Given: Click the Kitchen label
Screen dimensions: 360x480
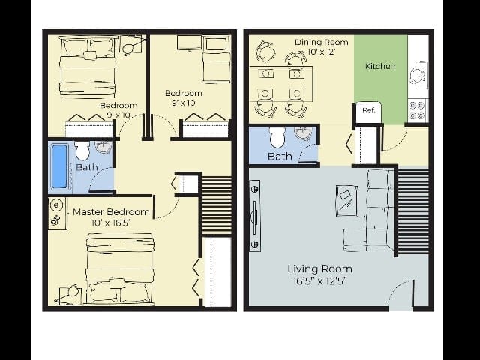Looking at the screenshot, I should coord(380,66).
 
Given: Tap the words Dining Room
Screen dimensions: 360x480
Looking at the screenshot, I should coord(321,42).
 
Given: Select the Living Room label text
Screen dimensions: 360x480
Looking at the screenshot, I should coord(319,268).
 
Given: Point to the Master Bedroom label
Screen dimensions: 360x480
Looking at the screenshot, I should coord(111,212).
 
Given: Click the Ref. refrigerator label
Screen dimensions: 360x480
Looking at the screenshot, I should coord(368,110).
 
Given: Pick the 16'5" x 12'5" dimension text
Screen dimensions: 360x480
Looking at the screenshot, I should coord(319,282).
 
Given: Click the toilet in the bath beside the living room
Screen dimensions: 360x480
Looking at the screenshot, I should coord(277,137).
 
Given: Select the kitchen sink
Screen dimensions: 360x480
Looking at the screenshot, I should coord(418,74).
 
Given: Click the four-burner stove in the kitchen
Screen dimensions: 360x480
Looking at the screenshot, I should coord(417,110).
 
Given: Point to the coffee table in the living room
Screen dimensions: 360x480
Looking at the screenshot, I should coord(347,199).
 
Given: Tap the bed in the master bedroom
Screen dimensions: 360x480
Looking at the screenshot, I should coord(120,268).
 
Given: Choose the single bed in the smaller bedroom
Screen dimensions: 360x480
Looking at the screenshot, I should coord(216,58).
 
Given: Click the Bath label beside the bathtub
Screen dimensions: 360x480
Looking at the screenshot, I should coord(86,167).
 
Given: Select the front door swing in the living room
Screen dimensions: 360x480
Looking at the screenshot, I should coord(401,294).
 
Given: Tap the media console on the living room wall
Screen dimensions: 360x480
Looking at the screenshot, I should coord(255,215).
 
